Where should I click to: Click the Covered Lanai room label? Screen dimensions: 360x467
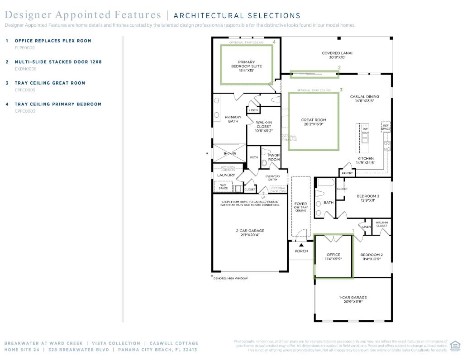click(x=337, y=55)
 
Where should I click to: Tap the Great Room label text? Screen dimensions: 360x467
click(x=314, y=122)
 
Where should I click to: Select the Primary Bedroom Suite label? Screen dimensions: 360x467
click(x=246, y=66)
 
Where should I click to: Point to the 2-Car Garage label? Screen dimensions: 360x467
click(x=250, y=233)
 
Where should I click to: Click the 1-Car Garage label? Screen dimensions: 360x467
click(x=353, y=299)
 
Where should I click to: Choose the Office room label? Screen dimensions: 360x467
click(x=333, y=257)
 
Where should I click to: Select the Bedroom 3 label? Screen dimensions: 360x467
click(x=368, y=198)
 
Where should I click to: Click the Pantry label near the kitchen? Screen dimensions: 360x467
click(x=347, y=173)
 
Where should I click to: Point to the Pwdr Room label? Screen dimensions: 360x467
click(x=274, y=157)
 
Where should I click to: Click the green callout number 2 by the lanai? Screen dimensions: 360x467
click(x=339, y=68)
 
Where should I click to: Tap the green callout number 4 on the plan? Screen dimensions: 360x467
click(x=274, y=42)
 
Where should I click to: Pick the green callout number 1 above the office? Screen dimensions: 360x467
click(x=353, y=231)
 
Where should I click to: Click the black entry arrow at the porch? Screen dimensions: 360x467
click(x=301, y=245)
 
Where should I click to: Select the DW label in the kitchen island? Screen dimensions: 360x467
click(x=365, y=129)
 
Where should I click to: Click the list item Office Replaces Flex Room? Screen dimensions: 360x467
click(x=53, y=41)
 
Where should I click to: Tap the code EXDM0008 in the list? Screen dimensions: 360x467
click(x=26, y=69)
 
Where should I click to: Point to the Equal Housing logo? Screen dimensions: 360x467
click(x=455, y=346)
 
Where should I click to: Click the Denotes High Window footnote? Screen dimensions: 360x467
click(x=231, y=278)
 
